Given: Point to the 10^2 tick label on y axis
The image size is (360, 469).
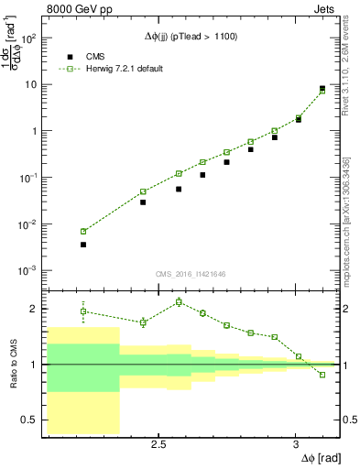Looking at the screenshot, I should point(28,38).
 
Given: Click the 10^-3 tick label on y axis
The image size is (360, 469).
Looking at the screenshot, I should point(27,271).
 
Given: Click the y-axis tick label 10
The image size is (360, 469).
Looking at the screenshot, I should point(30,85).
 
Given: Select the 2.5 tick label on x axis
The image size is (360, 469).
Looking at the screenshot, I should point(158,444).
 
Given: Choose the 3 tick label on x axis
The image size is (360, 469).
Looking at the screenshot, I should point(295,444).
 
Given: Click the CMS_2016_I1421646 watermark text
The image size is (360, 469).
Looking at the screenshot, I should point(190,273).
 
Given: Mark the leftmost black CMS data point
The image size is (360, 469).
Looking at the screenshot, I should point(83,245).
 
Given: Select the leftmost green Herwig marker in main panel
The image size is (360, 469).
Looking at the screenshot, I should point(83,232).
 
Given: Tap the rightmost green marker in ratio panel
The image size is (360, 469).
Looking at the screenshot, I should point(322,375).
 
